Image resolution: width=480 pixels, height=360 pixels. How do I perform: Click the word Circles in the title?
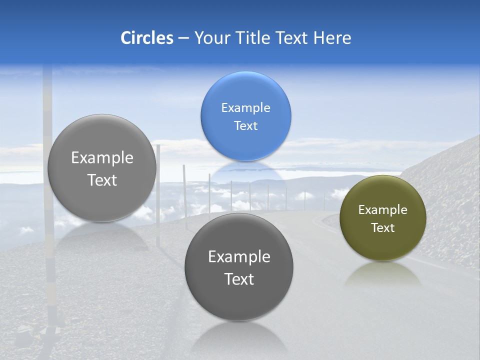146,38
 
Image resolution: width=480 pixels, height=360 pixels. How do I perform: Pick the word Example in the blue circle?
245,108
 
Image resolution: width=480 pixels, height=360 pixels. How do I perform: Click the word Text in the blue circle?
245,125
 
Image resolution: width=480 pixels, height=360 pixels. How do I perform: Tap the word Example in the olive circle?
382,210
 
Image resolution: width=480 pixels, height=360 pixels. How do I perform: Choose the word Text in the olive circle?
382,228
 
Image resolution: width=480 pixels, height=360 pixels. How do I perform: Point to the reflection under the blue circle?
245,172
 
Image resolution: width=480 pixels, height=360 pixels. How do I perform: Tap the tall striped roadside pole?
48,100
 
